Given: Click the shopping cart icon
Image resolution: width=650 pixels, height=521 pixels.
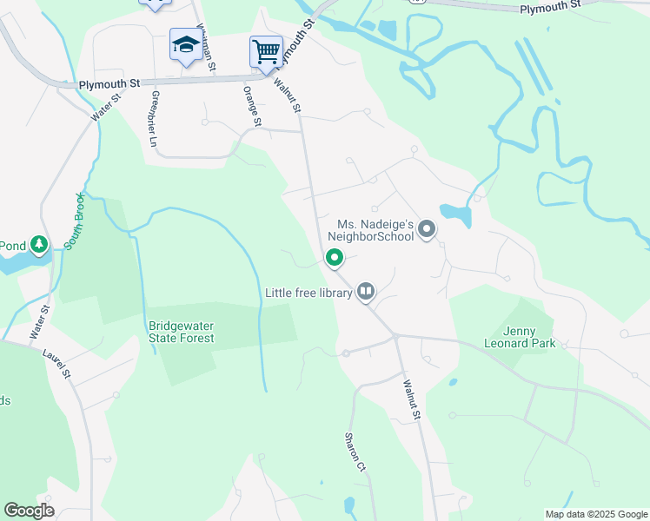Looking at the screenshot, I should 266,50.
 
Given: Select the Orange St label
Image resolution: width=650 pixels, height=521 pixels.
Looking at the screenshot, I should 252,106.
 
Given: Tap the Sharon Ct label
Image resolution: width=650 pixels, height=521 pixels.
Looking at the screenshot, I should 355,452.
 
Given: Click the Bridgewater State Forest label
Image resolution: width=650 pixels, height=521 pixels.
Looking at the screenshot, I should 181,331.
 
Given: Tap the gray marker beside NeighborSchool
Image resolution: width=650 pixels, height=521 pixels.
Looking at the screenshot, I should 427,230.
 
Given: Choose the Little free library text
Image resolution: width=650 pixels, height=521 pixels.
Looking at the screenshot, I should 308,293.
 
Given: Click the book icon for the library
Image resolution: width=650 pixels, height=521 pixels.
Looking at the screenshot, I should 366,292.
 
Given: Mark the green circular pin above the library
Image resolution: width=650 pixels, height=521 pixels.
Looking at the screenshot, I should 335,257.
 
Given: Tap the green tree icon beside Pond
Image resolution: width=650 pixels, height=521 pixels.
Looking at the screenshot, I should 39,246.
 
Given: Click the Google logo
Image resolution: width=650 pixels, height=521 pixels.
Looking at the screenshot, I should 30,511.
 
